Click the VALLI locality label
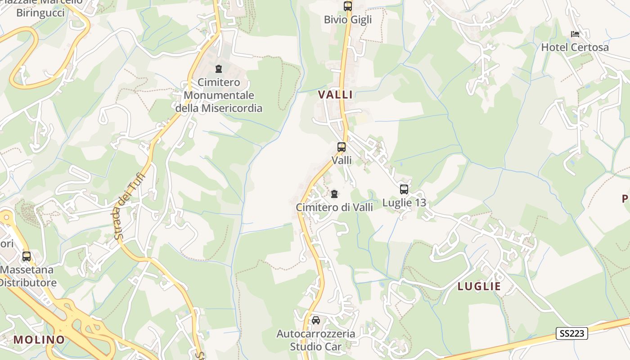[x=335, y=94]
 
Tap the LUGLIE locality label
[x=479, y=286]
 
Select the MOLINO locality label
[x=39, y=340]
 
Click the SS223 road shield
[x=572, y=333]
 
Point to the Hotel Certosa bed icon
[x=575, y=34]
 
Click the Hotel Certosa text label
[x=575, y=47]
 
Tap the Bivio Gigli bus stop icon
[x=348, y=6]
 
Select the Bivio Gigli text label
[x=348, y=20]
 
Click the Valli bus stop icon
[x=342, y=147]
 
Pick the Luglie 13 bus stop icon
[x=404, y=189]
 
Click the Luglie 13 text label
[x=404, y=203]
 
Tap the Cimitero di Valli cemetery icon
[x=334, y=194]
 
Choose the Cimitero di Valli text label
[x=334, y=207]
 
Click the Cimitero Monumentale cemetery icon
[x=219, y=69]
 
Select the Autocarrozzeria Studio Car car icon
[x=316, y=320]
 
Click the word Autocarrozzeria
[x=316, y=334]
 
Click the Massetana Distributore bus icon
[x=27, y=256]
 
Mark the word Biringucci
[x=40, y=13]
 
